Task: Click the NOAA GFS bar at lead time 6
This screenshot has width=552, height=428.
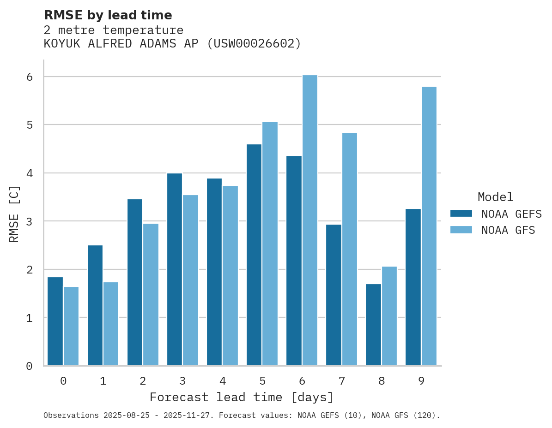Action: coord(309,220)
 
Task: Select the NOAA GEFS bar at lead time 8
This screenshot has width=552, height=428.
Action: coord(373,325)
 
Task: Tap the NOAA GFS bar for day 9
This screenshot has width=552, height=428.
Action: coord(429,226)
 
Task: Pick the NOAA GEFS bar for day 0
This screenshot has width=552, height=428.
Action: coord(55,321)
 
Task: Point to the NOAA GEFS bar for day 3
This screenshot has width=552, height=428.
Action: coord(175,269)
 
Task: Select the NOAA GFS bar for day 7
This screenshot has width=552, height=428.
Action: coord(350,249)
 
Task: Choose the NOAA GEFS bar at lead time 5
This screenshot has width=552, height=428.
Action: coord(254,255)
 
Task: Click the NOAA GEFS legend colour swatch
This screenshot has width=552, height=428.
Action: coord(461,214)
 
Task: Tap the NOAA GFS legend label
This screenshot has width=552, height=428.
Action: coord(508,230)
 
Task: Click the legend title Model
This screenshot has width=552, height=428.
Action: coord(495,197)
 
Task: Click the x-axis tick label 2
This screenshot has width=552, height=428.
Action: coord(143,381)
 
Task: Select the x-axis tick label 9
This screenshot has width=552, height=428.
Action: coord(421,381)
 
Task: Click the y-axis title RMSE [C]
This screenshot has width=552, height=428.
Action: coord(14,214)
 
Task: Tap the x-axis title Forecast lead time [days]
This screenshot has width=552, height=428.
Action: coord(242,397)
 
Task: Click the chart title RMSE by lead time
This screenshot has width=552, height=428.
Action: coord(108,15)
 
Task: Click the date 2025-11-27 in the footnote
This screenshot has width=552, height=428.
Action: coord(191,416)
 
